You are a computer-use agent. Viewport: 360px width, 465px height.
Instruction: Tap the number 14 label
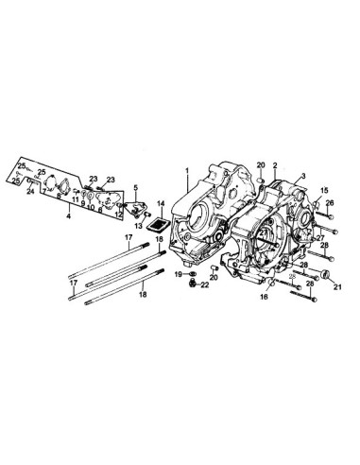pyautogui.click(x=161, y=202)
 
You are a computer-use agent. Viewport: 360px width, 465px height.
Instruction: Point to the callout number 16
pyautogui.click(x=266, y=297)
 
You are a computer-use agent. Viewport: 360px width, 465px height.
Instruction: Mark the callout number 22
pyautogui.click(x=205, y=284)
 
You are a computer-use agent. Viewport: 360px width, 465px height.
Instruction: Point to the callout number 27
pyautogui.click(x=319, y=237)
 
